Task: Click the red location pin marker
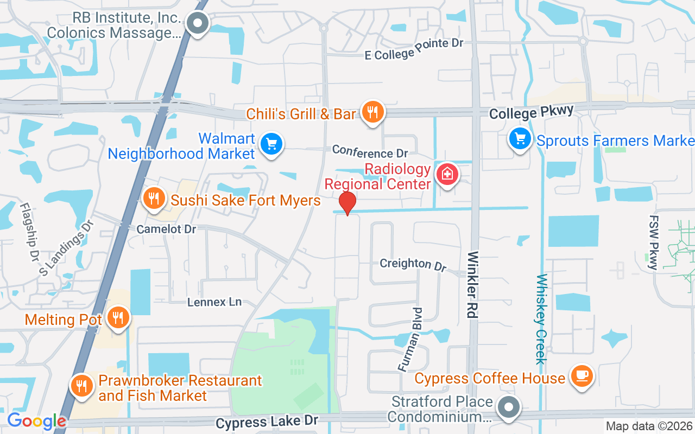(x=347, y=203)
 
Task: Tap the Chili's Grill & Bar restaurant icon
(x=372, y=112)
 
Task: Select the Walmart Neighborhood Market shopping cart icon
(x=271, y=144)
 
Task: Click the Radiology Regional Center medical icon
(x=447, y=174)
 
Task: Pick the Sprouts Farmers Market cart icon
(x=520, y=139)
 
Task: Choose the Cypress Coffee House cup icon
(x=582, y=375)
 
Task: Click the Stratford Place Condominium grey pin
(x=509, y=407)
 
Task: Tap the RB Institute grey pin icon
(x=197, y=23)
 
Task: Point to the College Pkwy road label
(x=531, y=112)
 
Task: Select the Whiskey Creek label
(x=541, y=319)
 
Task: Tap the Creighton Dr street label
(x=413, y=264)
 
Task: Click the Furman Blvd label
(x=410, y=340)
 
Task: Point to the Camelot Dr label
(x=166, y=229)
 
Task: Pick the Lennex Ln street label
(x=214, y=302)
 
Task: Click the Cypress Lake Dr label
(x=267, y=422)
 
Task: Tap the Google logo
(x=36, y=421)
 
